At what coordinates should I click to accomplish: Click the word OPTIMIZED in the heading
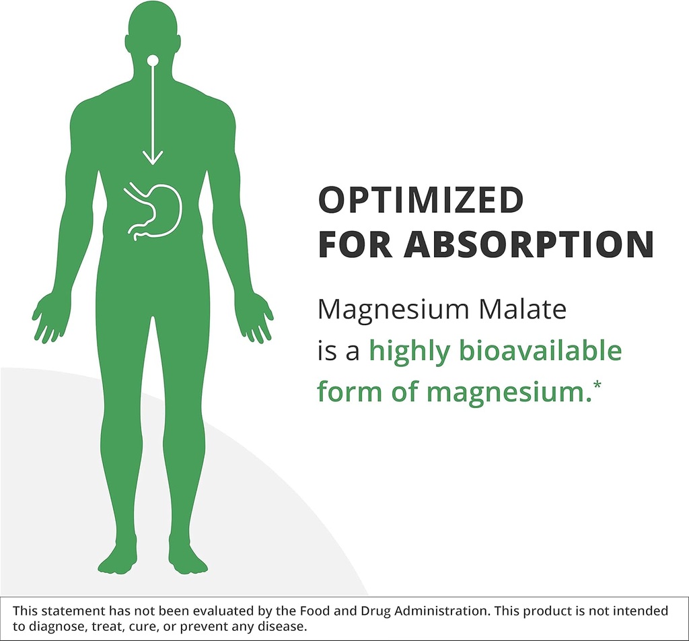click(421, 200)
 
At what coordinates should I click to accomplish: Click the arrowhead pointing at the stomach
click(153, 157)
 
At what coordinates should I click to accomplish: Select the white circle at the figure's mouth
click(153, 61)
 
